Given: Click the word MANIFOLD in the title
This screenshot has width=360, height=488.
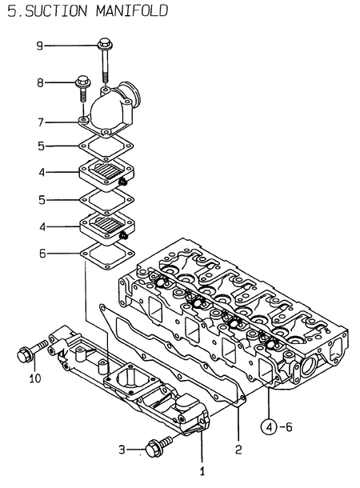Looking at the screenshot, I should [125, 11].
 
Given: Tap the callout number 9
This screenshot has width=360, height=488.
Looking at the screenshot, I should [38, 46].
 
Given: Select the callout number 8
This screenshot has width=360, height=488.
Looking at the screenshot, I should [38, 82].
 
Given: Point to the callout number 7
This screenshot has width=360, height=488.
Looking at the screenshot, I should [38, 122].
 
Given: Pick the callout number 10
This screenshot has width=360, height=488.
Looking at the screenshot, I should [34, 378].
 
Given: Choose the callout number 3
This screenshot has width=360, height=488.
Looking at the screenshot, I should [122, 451].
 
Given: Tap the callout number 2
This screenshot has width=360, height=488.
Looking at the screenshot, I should [238, 450].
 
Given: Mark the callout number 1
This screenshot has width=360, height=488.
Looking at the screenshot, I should [202, 472].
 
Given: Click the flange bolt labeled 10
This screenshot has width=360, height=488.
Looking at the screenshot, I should [27, 350].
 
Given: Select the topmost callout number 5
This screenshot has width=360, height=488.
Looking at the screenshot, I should [38, 146].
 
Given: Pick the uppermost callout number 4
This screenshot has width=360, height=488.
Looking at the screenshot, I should [38, 171].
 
